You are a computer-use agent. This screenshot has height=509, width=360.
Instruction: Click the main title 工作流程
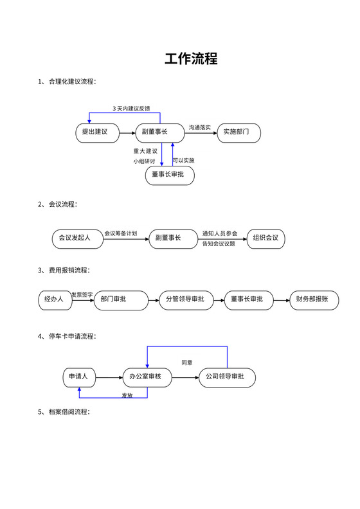[x=191, y=59]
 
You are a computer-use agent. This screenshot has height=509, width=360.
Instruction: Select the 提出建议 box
[x=95, y=132]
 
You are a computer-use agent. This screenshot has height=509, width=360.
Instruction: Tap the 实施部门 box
[x=241, y=132]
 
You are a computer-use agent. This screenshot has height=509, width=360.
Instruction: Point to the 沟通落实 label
[x=200, y=127]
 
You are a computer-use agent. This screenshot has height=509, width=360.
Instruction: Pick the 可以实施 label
[x=184, y=160]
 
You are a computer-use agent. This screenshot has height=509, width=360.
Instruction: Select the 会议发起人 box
[x=75, y=238]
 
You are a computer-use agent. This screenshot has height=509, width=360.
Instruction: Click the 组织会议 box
[x=265, y=238]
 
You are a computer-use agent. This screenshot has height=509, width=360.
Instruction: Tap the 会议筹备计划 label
[x=120, y=233]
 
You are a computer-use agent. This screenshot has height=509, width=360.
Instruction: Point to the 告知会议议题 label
[x=219, y=244]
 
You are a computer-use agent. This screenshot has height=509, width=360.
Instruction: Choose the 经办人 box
[x=54, y=299]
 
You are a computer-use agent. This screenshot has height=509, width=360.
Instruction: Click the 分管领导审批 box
[x=185, y=299]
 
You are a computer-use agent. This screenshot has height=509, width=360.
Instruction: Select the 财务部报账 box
[x=312, y=299]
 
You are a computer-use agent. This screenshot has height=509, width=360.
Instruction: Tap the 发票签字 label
[x=82, y=294]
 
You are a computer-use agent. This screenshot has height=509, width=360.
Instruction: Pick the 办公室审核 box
[x=147, y=377]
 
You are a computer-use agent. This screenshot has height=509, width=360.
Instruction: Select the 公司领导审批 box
[x=227, y=377]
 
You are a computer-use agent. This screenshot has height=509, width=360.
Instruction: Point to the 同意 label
[x=186, y=362]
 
